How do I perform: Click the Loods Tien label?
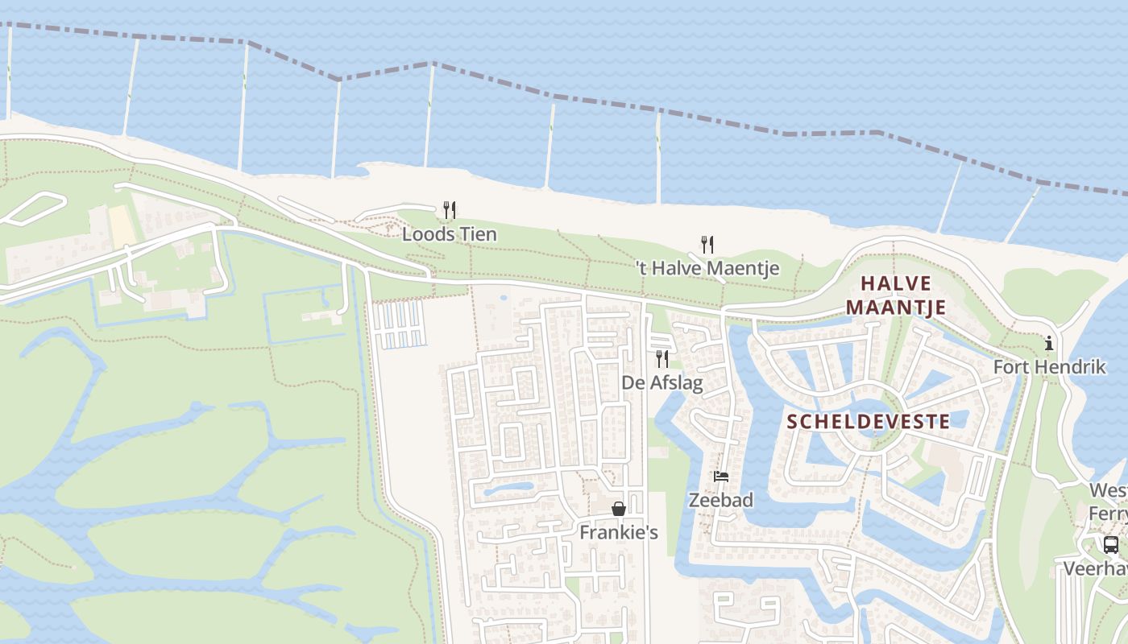point(450,234)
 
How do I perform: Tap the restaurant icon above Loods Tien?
point(450,210)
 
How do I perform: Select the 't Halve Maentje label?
point(707,268)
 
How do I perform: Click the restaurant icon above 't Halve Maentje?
point(707,244)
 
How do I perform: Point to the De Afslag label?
point(662,382)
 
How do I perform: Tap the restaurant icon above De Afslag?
point(662,358)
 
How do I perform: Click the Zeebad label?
point(721,500)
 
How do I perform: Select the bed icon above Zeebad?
point(721,477)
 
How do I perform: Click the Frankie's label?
point(619,532)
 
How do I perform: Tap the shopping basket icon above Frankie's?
point(619,509)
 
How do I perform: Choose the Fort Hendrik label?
point(1049,366)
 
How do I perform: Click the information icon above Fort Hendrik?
point(1049,344)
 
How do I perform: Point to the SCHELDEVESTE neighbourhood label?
point(868,421)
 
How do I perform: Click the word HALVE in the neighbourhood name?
point(896,283)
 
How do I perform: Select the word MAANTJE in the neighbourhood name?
point(896,308)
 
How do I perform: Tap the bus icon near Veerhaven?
point(1111,545)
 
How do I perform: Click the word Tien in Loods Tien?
point(479,234)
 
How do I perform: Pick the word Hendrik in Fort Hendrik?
point(1071,366)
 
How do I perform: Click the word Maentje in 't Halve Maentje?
point(746,268)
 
